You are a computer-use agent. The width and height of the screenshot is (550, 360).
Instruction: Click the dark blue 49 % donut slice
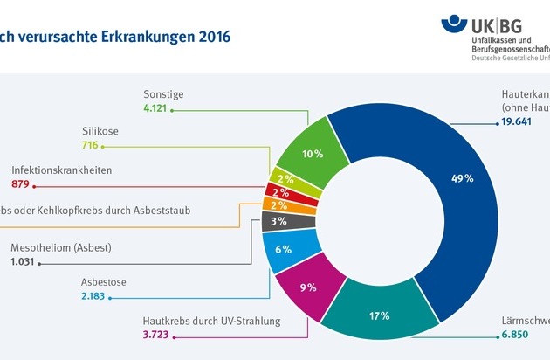click(x=463, y=179)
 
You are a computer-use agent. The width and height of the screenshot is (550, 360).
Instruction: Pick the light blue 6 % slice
click(x=284, y=248)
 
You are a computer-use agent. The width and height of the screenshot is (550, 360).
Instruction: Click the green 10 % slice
click(x=308, y=154)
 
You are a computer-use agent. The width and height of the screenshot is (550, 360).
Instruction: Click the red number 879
click(x=22, y=183)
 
